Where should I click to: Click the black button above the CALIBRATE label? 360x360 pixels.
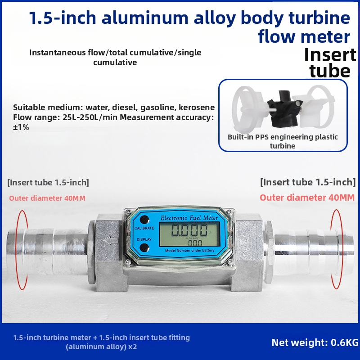[144, 220]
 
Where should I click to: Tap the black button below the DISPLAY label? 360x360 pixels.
[144, 248]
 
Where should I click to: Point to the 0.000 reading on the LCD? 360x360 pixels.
[189, 230]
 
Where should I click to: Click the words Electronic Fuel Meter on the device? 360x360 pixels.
[189, 217]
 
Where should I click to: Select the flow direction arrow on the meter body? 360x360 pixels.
[111, 240]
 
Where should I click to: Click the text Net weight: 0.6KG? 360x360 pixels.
[315, 342]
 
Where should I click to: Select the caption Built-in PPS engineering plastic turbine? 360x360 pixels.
[283, 141]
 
